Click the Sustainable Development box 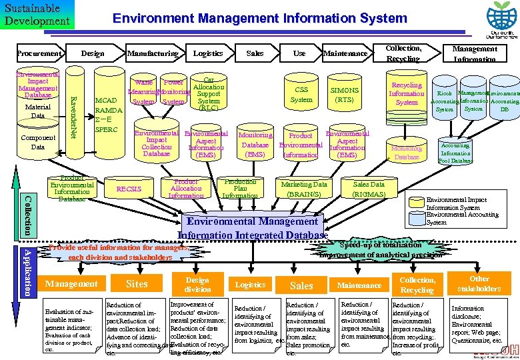point(37,15)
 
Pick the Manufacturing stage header point(153,53)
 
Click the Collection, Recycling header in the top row point(403,53)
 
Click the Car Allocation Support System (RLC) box point(208,92)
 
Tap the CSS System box point(301,95)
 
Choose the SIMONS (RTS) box point(345,95)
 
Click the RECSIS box point(129,189)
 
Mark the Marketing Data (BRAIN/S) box point(304,189)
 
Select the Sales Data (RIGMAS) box point(369,189)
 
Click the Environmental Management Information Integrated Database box point(253,227)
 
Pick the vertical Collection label point(27,213)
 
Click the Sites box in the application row point(137,284)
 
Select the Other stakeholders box point(480,283)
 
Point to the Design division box point(197,285)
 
